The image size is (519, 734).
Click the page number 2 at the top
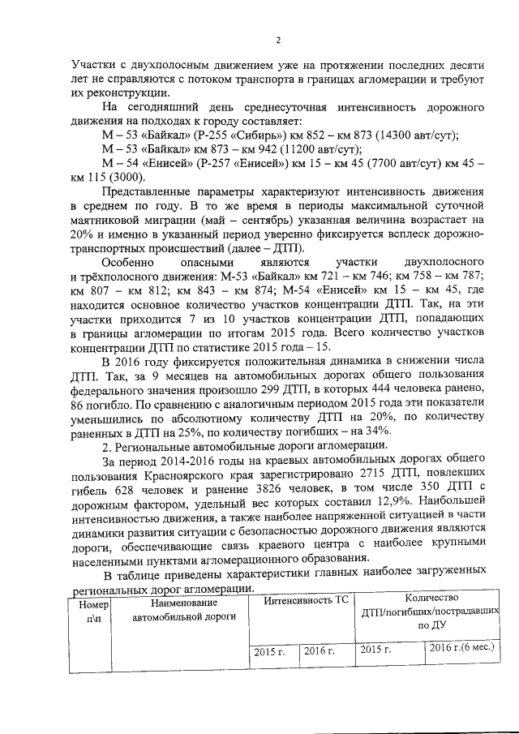(278, 41)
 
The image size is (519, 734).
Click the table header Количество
(424, 598)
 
